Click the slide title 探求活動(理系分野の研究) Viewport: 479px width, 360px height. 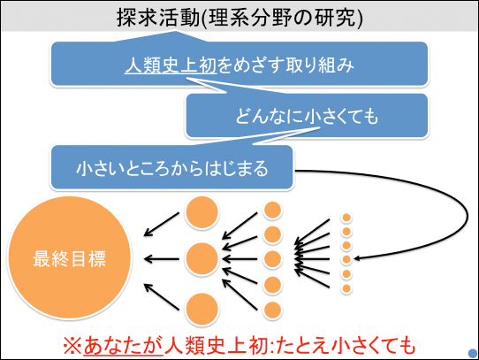pos(239,18)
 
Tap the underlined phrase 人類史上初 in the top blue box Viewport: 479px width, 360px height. pos(171,65)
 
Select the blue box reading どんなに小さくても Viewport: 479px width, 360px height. pos(307,115)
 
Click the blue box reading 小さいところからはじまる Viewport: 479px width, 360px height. pos(172,167)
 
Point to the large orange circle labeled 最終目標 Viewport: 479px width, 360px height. pos(69,257)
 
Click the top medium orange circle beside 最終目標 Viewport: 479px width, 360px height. pos(201,212)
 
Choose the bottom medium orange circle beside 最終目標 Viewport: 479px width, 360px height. pos(201,309)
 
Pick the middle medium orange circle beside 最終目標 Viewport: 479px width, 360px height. pos(201,259)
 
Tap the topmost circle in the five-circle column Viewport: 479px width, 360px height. pos(272,211)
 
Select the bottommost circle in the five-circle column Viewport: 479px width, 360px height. pos(272,310)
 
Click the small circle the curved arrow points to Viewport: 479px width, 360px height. pos(346,259)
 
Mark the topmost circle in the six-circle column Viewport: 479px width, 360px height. pos(346,218)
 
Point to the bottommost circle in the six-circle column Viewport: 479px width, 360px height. pos(346,288)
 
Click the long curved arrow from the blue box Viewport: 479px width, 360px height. pos(467,214)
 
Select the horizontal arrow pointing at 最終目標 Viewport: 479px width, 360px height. pos(162,259)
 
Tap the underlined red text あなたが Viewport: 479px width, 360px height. pos(124,346)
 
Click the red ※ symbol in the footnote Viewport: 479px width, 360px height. pos(72,346)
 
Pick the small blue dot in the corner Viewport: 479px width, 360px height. pos(473,353)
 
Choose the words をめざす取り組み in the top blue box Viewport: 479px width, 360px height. pos(285,65)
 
